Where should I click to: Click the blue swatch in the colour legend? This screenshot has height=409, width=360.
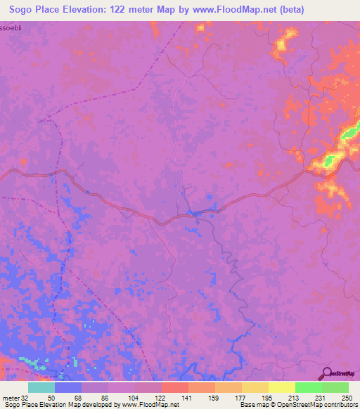point(67,387)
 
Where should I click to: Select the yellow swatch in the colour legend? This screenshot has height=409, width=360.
point(281,387)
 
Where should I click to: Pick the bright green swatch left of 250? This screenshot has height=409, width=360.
point(308,387)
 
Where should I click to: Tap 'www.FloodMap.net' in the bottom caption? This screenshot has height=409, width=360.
point(147,405)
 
